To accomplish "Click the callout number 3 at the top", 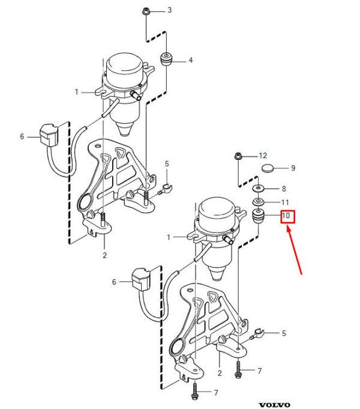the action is point(169,10).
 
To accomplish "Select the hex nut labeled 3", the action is point(145,11).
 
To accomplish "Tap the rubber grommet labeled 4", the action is point(166,59).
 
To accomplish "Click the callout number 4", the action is point(191,60).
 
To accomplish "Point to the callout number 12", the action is point(263,156).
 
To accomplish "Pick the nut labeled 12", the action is point(238,156).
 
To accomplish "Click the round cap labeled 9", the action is point(268,168).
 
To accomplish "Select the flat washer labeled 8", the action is point(258,188).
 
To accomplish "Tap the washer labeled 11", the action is point(259,202).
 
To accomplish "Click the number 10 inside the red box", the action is point(286,216).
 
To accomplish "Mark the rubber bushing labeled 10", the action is point(259,216).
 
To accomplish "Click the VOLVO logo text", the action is point(274,405).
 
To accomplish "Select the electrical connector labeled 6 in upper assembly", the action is point(49,135).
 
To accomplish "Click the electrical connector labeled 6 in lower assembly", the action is point(141,280).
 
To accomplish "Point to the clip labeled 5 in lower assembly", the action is point(259,333).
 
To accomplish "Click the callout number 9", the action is point(293,168).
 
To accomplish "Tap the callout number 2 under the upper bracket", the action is point(104,255).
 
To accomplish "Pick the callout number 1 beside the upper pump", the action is point(76,92).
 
